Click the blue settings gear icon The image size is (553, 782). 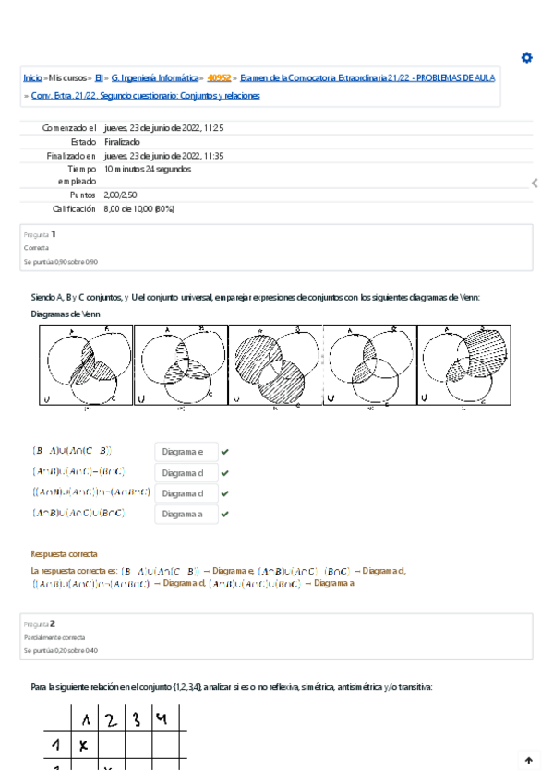[x=526, y=58]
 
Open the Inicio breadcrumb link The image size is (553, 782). [x=32, y=78]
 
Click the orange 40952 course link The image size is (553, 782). [x=219, y=78]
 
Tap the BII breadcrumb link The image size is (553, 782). [x=100, y=78]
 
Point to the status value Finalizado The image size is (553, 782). [x=122, y=142]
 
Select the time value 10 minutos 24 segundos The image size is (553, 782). [x=148, y=170]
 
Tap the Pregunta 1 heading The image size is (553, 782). [x=41, y=234]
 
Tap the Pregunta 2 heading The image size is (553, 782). [x=41, y=622]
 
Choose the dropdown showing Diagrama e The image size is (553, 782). [x=186, y=452]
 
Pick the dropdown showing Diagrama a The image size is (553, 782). [x=186, y=514]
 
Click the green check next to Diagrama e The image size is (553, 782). [x=225, y=452]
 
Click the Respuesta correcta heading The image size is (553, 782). [x=64, y=554]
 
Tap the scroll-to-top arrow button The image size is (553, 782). [x=528, y=761]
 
